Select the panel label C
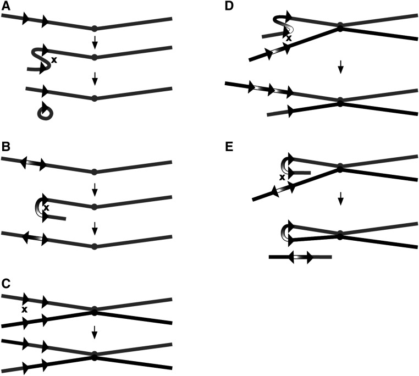pyautogui.click(x=5, y=284)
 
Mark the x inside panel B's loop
pyautogui.click(x=47, y=208)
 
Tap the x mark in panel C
pyautogui.click(x=24, y=310)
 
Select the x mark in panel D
pyautogui.click(x=289, y=38)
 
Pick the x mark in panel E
pyautogui.click(x=282, y=178)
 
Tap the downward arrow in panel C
pyautogui.click(x=95, y=331)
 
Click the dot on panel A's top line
pyautogui.click(x=94, y=29)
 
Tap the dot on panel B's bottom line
pyautogui.click(x=94, y=246)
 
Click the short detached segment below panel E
pyautogui.click(x=300, y=257)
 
